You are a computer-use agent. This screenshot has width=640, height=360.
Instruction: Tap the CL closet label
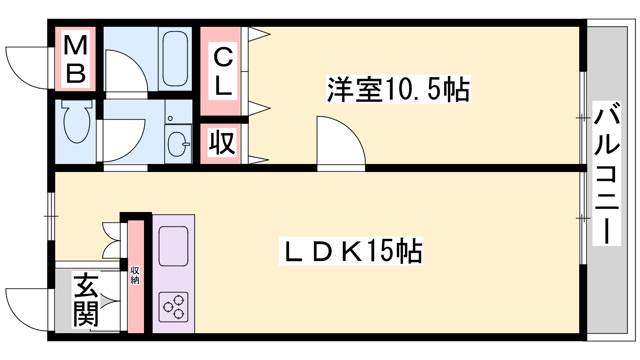[x=223, y=71]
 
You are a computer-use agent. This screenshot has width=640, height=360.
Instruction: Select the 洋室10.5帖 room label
[x=398, y=89]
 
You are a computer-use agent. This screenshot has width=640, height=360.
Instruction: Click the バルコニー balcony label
[x=607, y=173]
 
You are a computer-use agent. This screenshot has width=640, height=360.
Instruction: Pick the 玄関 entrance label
[x=86, y=300]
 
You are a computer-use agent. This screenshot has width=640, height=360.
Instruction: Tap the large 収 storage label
[x=222, y=142]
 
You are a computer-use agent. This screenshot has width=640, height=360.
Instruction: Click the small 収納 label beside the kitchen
[x=134, y=275]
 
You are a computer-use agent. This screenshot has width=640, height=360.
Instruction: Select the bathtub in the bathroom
[x=175, y=58]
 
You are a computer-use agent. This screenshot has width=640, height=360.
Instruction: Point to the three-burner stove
[x=173, y=307]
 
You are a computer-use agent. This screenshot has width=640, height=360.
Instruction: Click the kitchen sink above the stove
[x=173, y=246]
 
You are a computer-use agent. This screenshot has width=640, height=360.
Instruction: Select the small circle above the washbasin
[x=170, y=118]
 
